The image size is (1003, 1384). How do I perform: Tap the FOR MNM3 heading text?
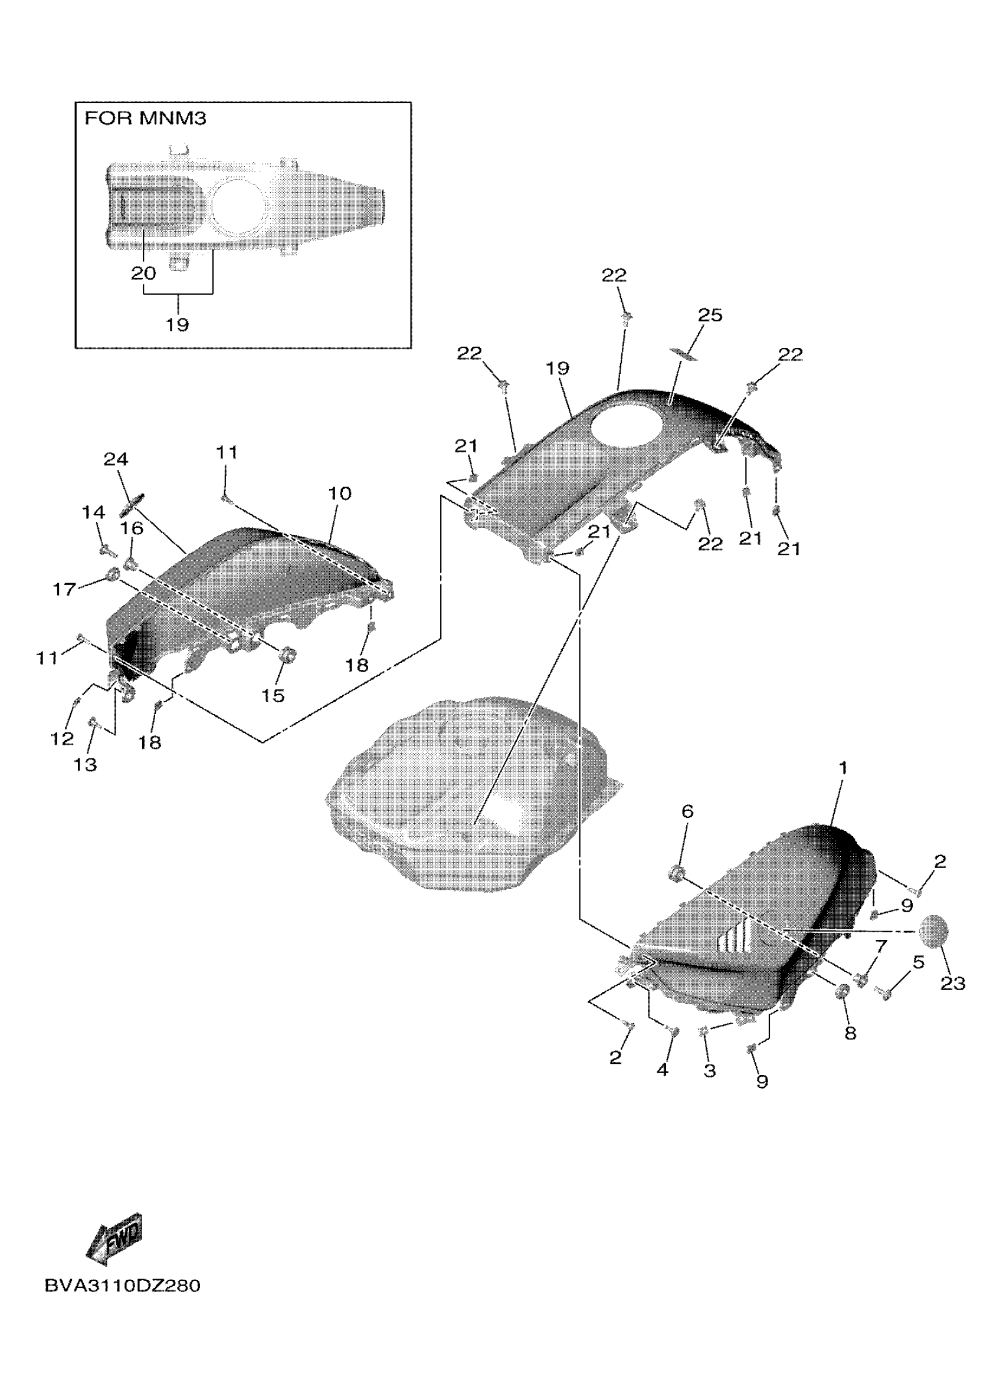click(x=145, y=119)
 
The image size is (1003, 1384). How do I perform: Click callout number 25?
click(x=709, y=315)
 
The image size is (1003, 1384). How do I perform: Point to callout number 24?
click(x=116, y=459)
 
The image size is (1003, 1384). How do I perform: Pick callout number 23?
click(x=952, y=983)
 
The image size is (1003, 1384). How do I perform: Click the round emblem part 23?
click(x=934, y=931)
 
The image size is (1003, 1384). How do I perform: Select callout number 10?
click(x=340, y=493)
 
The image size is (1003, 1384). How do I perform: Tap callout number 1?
click(x=843, y=768)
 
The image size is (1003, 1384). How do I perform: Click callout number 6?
click(x=687, y=811)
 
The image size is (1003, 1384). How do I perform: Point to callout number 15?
click(x=273, y=695)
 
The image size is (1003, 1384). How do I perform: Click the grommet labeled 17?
click(x=112, y=574)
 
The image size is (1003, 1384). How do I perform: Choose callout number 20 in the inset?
click(x=143, y=273)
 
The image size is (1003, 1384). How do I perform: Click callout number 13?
click(x=85, y=764)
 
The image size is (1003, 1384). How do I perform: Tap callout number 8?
click(x=850, y=1033)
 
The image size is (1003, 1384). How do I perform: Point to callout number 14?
click(x=93, y=512)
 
